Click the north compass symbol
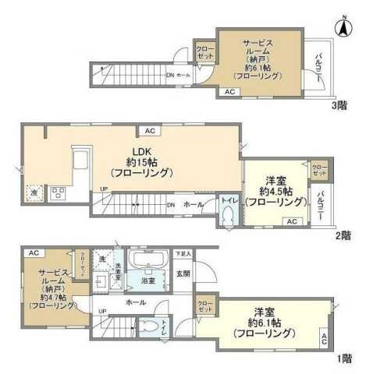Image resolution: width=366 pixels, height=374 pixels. [x=342, y=26]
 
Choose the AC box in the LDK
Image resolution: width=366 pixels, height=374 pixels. [x=150, y=131]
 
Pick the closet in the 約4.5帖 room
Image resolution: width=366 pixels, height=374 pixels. [x=320, y=170]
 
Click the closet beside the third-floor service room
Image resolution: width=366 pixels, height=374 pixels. [x=206, y=53]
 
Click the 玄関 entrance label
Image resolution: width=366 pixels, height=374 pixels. [x=183, y=273]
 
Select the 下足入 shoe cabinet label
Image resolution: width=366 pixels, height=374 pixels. [x=183, y=254]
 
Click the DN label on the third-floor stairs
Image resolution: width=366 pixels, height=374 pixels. [x=170, y=75]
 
